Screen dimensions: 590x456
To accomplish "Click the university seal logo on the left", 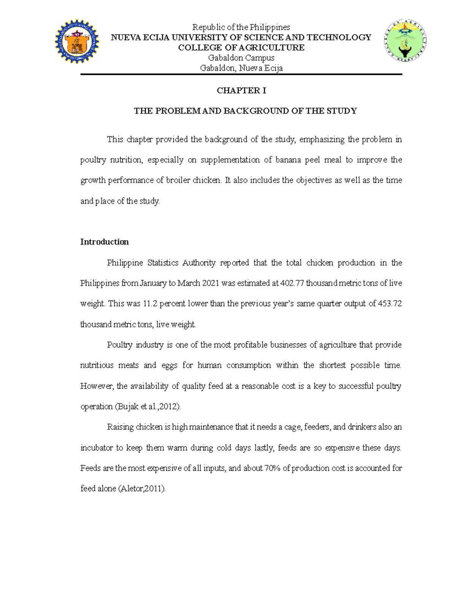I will (77, 41).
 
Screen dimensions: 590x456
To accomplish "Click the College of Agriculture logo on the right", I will (405, 41).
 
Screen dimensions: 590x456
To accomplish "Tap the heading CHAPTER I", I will (241, 90).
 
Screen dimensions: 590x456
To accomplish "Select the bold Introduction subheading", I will (104, 242).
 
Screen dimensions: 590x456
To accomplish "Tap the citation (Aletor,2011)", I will (142, 489).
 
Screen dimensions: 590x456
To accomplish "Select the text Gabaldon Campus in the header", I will (241, 58).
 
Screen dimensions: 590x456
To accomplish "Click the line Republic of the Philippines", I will (241, 27).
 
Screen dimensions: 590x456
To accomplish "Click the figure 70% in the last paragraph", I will (272, 468).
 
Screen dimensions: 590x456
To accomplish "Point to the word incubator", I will (97, 448).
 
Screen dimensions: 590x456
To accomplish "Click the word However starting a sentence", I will (97, 386).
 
